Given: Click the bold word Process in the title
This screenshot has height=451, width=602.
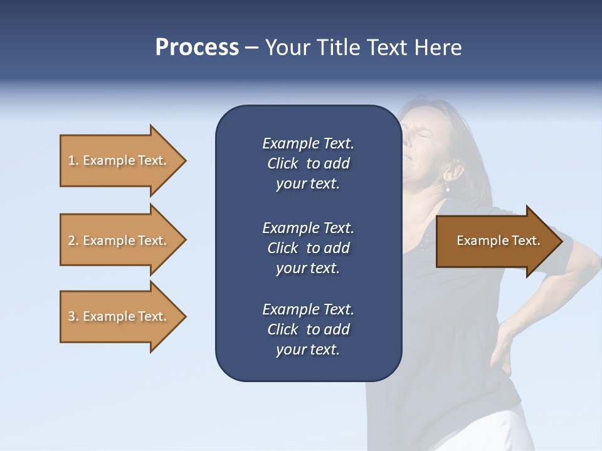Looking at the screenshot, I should tap(197, 47).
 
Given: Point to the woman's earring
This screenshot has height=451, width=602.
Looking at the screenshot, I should tap(448, 189).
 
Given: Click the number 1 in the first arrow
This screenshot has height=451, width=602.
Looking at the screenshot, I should tap(71, 160).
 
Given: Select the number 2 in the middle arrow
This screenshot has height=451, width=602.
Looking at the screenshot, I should tap(71, 241).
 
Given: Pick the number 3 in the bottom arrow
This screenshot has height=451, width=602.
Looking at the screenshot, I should tap(71, 316).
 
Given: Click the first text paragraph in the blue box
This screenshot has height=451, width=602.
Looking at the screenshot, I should tap(308, 163).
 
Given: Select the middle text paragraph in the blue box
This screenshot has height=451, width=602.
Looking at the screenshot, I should tap(308, 248).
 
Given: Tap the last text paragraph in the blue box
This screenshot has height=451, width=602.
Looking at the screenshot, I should tap(308, 329).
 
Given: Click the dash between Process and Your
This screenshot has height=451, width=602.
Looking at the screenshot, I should tap(252, 48).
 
